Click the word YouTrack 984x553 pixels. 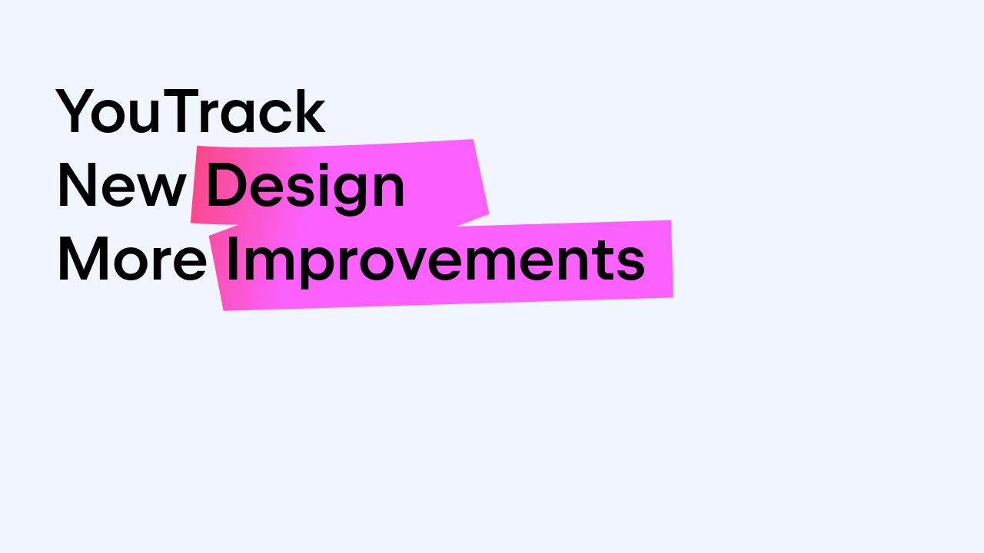(190, 111)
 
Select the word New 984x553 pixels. (121, 185)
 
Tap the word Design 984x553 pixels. (305, 189)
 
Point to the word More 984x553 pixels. (132, 259)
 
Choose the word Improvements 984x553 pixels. (435, 263)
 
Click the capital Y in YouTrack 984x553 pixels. (75, 111)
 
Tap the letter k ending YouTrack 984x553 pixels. (311, 111)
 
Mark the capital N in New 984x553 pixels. (78, 185)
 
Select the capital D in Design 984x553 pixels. (225, 185)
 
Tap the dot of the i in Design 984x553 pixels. (324, 166)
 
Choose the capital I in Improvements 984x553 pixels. (231, 259)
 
